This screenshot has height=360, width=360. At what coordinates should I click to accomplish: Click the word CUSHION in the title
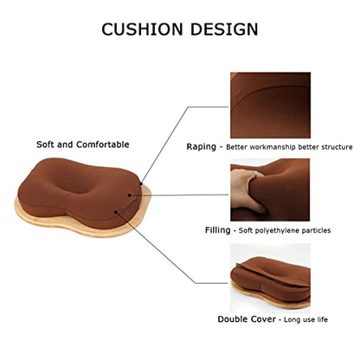pyautogui.click(x=142, y=29)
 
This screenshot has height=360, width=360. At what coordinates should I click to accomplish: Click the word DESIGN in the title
pyautogui.click(x=224, y=29)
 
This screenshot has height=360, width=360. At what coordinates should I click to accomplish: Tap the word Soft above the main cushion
pyautogui.click(x=45, y=145)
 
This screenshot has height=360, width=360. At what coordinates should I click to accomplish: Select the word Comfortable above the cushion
pyautogui.click(x=103, y=145)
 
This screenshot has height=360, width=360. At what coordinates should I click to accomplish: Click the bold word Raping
pyautogui.click(x=201, y=147)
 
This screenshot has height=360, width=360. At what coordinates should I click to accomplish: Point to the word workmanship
pyautogui.click(x=273, y=147)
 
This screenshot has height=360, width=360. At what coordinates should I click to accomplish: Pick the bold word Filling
pyautogui.click(x=218, y=230)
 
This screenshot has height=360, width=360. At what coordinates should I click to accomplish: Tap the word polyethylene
pyautogui.click(x=276, y=231)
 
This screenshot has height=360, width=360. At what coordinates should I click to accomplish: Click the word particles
pyautogui.click(x=316, y=230)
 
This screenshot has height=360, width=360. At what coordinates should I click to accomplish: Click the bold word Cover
pyautogui.click(x=264, y=319)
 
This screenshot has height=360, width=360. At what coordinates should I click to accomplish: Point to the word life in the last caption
pyautogui.click(x=323, y=319)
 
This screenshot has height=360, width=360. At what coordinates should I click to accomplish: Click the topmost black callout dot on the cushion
pyautogui.click(x=141, y=183)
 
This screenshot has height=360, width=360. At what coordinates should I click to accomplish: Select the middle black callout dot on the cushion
pyautogui.click(x=130, y=196)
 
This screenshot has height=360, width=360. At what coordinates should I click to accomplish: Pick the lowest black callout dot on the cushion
pyautogui.click(x=116, y=212)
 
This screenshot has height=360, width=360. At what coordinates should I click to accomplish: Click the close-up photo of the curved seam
pyautogui.click(x=270, y=106)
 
